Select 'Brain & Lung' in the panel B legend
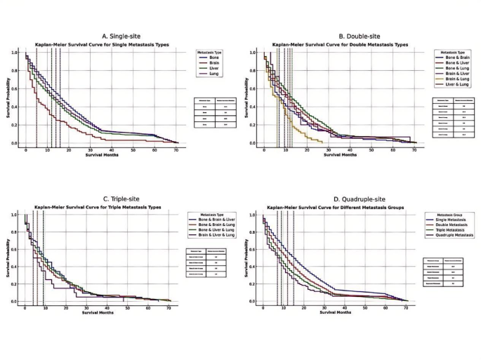point(457,79)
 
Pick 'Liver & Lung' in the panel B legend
point(456,84)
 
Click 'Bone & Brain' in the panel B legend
point(457,58)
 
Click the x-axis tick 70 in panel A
point(176,150)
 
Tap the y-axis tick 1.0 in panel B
point(257,53)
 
